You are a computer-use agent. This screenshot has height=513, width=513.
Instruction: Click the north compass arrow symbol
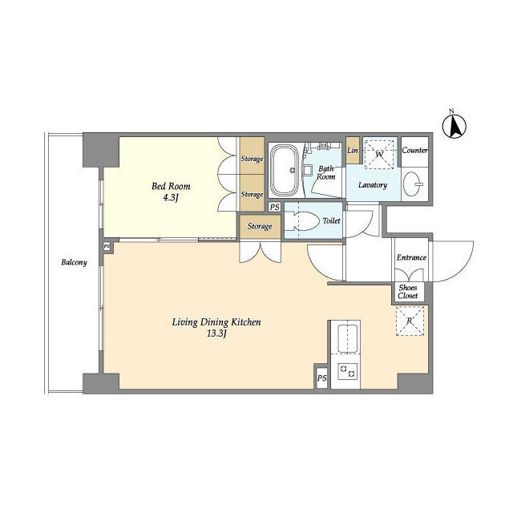(456, 125)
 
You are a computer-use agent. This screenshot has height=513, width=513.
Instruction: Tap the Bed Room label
(172, 187)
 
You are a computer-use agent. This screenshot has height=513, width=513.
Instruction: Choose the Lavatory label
(373, 185)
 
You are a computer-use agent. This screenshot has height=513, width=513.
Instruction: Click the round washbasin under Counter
(414, 181)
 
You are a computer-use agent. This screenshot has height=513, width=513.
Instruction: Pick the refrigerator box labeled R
(410, 321)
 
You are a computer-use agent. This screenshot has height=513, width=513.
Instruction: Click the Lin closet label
(352, 150)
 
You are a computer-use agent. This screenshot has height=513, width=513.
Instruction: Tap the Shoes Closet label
(408, 292)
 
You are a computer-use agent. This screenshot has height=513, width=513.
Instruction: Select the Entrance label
(411, 257)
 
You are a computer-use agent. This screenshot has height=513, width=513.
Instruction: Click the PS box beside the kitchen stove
(321, 378)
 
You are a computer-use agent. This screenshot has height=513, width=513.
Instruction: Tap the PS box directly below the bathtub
(274, 207)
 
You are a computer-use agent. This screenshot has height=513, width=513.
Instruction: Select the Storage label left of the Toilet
(259, 227)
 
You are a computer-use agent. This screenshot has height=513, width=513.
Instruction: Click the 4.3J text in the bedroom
(172, 200)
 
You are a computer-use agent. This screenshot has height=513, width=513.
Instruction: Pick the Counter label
(414, 150)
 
